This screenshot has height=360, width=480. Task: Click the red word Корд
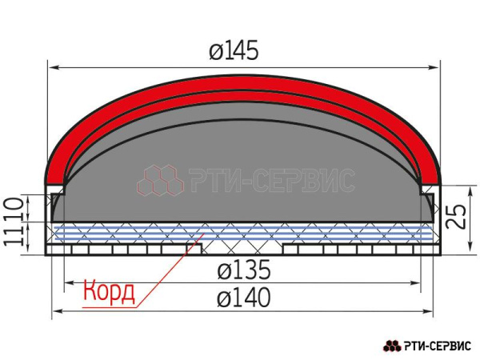[x=109, y=290]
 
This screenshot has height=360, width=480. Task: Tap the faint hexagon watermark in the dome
[x=160, y=182]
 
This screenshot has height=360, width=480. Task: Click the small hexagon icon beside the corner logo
[x=392, y=346]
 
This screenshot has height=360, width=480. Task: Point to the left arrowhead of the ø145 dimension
[x=50, y=67]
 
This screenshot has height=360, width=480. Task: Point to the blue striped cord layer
[x=240, y=234]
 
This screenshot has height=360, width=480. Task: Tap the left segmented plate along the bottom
[x=120, y=250]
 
